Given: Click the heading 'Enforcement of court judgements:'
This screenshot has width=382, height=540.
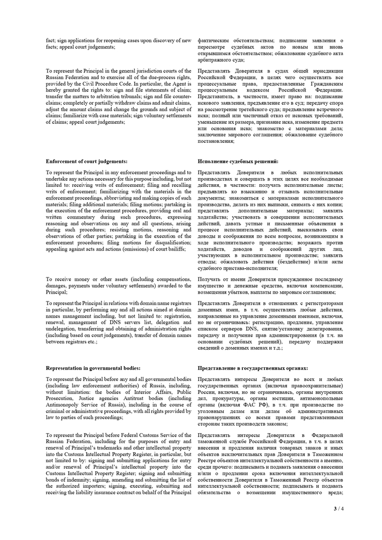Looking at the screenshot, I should coord(86,162).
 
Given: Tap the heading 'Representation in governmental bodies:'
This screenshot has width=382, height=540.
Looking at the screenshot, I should coord(93,368).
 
